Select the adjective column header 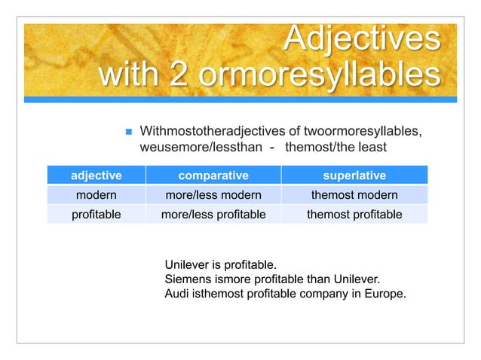(97, 175)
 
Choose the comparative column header (213, 175)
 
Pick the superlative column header (354, 175)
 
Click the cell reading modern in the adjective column (97, 195)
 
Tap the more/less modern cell (213, 195)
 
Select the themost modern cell (354, 195)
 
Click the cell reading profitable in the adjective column (97, 215)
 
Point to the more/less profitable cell (213, 215)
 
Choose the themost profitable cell (354, 215)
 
